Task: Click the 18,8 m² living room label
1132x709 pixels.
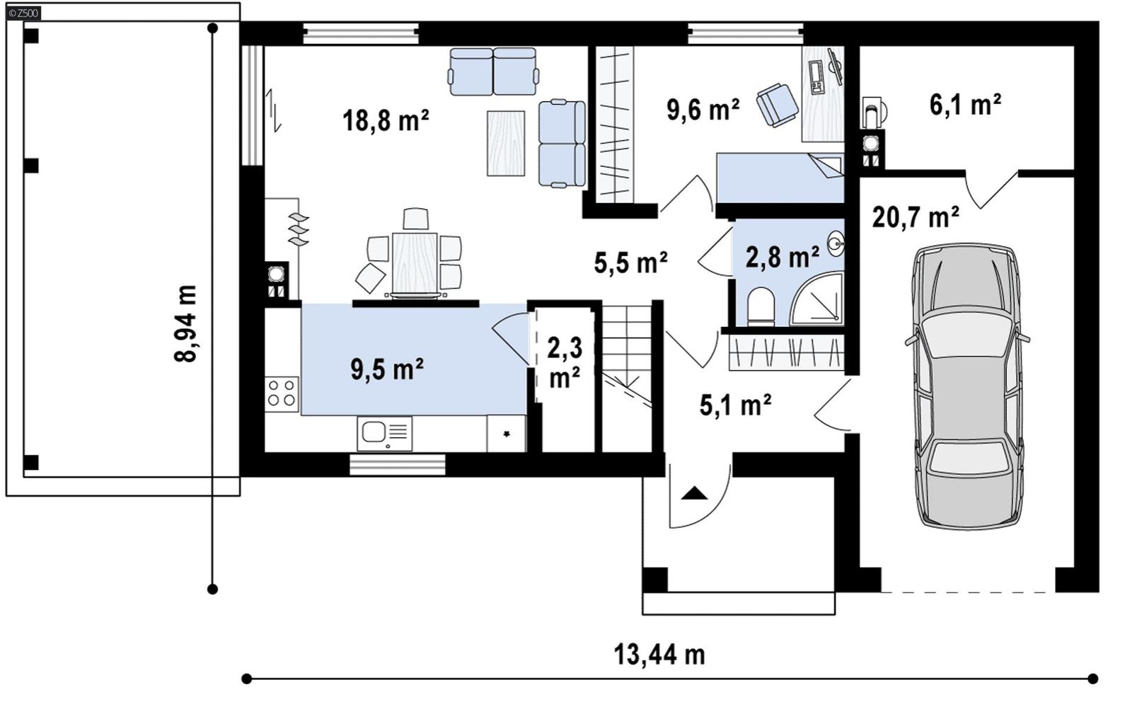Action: (x=386, y=120)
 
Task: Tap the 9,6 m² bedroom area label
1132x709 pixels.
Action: (x=703, y=109)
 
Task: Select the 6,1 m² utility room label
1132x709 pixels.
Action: (x=964, y=105)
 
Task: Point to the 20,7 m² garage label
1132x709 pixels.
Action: (x=916, y=217)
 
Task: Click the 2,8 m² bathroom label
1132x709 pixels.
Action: (x=782, y=257)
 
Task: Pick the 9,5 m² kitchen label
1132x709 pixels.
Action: (x=387, y=368)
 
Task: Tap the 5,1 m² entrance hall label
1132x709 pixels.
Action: (x=735, y=405)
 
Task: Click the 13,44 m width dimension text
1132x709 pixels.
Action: (x=659, y=655)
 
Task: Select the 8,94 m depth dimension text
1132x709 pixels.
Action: (x=186, y=323)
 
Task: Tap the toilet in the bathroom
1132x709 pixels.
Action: (x=761, y=306)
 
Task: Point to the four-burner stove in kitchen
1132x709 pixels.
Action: (x=282, y=394)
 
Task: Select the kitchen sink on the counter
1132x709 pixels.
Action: (x=384, y=432)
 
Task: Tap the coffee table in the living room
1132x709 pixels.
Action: (x=506, y=143)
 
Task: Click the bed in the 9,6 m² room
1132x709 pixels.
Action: (x=780, y=178)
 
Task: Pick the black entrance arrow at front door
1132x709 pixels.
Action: (x=694, y=493)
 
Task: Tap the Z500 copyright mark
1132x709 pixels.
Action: (x=24, y=12)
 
